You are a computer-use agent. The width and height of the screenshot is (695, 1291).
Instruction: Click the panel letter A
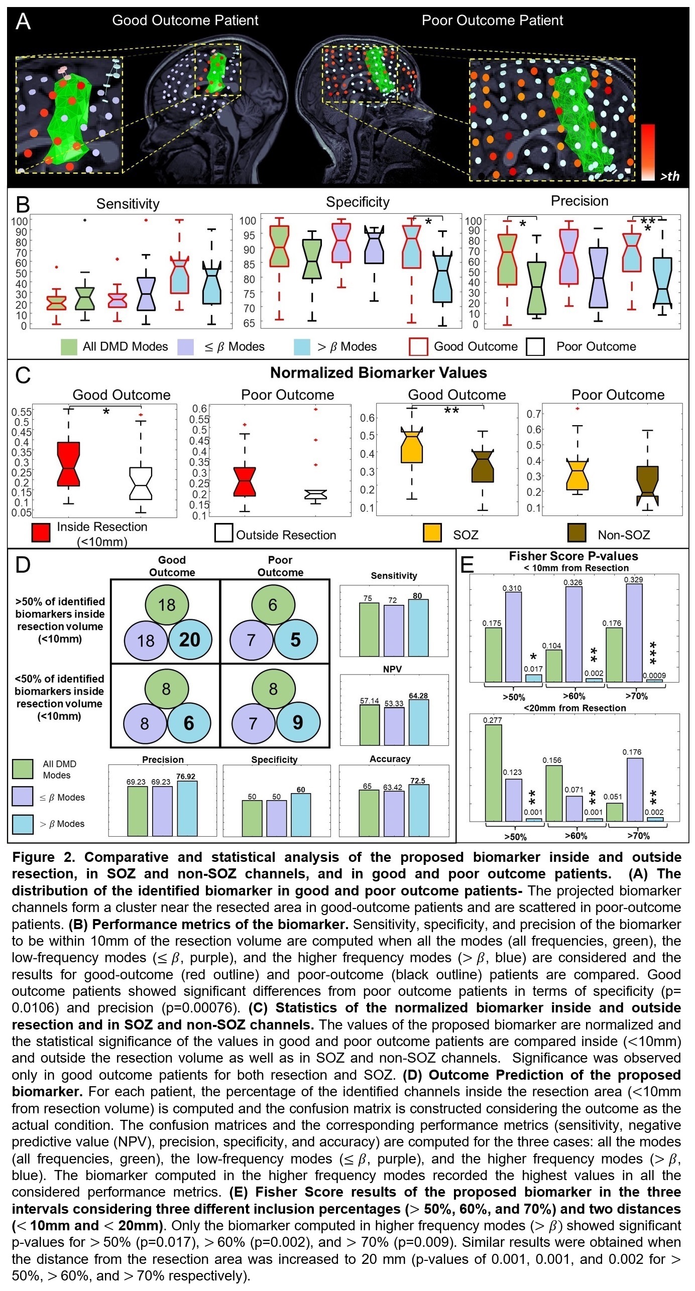tap(23, 22)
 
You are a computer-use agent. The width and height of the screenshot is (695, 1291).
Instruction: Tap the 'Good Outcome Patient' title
tap(185, 21)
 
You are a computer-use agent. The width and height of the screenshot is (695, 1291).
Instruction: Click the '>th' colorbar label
tap(669, 176)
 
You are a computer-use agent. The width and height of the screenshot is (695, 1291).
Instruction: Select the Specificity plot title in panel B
tap(358, 202)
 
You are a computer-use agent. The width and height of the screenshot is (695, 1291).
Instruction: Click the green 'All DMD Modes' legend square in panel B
tap(69, 347)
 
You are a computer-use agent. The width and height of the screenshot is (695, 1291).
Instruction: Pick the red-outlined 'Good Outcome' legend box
tap(419, 347)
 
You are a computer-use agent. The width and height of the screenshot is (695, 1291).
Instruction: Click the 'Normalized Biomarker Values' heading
tap(378, 373)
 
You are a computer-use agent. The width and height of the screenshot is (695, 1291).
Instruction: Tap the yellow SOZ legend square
tap(432, 533)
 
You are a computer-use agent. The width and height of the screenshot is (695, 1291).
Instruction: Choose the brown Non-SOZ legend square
tap(576, 533)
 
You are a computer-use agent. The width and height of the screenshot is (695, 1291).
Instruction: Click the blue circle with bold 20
tap(189, 639)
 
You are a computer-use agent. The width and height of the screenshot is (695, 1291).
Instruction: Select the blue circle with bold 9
tap(297, 722)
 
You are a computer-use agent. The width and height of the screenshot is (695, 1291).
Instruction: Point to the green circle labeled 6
tap(273, 605)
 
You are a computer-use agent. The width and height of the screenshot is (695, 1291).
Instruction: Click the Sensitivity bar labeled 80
tap(418, 628)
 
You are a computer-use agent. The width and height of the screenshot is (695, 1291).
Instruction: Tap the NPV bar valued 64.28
tap(418, 722)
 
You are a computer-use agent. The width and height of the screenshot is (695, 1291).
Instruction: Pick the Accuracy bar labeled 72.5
tap(418, 810)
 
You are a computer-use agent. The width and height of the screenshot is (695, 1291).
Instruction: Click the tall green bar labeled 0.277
tap(493, 772)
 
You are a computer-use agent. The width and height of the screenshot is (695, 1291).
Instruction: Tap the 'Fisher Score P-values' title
tap(573, 556)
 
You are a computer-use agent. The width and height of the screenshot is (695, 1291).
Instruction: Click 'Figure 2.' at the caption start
tap(44, 857)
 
